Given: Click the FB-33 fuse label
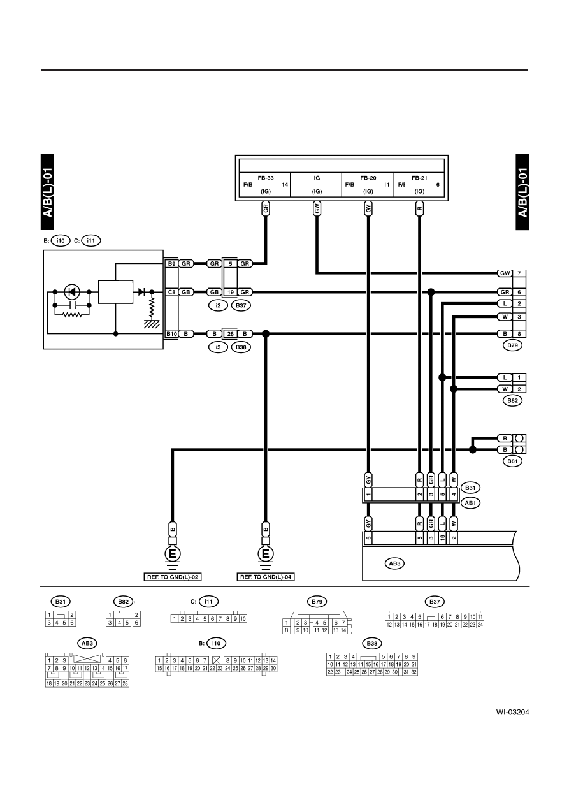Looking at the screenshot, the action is [x=266, y=178].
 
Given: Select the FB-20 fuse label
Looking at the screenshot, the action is [x=368, y=178].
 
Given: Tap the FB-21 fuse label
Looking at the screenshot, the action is [x=419, y=178].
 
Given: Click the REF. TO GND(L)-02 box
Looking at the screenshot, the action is [x=173, y=577].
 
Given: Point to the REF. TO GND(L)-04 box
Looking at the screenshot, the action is [x=266, y=577].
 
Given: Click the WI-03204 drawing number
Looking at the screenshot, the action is [x=512, y=713].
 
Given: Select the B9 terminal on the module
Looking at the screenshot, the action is [x=171, y=264].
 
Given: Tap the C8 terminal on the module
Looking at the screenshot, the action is [x=171, y=292].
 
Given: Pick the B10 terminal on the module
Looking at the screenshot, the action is [x=171, y=334].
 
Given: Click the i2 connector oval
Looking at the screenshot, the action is [x=218, y=305].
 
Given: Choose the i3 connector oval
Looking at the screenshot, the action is [x=218, y=347].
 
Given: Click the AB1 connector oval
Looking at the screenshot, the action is [x=470, y=503].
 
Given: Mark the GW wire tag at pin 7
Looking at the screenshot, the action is [x=505, y=273].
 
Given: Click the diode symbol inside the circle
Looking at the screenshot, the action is [x=72, y=292].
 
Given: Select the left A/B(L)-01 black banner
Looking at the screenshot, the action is [x=47, y=192].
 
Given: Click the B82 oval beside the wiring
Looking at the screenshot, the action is [x=512, y=400].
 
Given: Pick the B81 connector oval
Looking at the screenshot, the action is [x=512, y=461].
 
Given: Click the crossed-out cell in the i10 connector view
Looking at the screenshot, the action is [x=216, y=660].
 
